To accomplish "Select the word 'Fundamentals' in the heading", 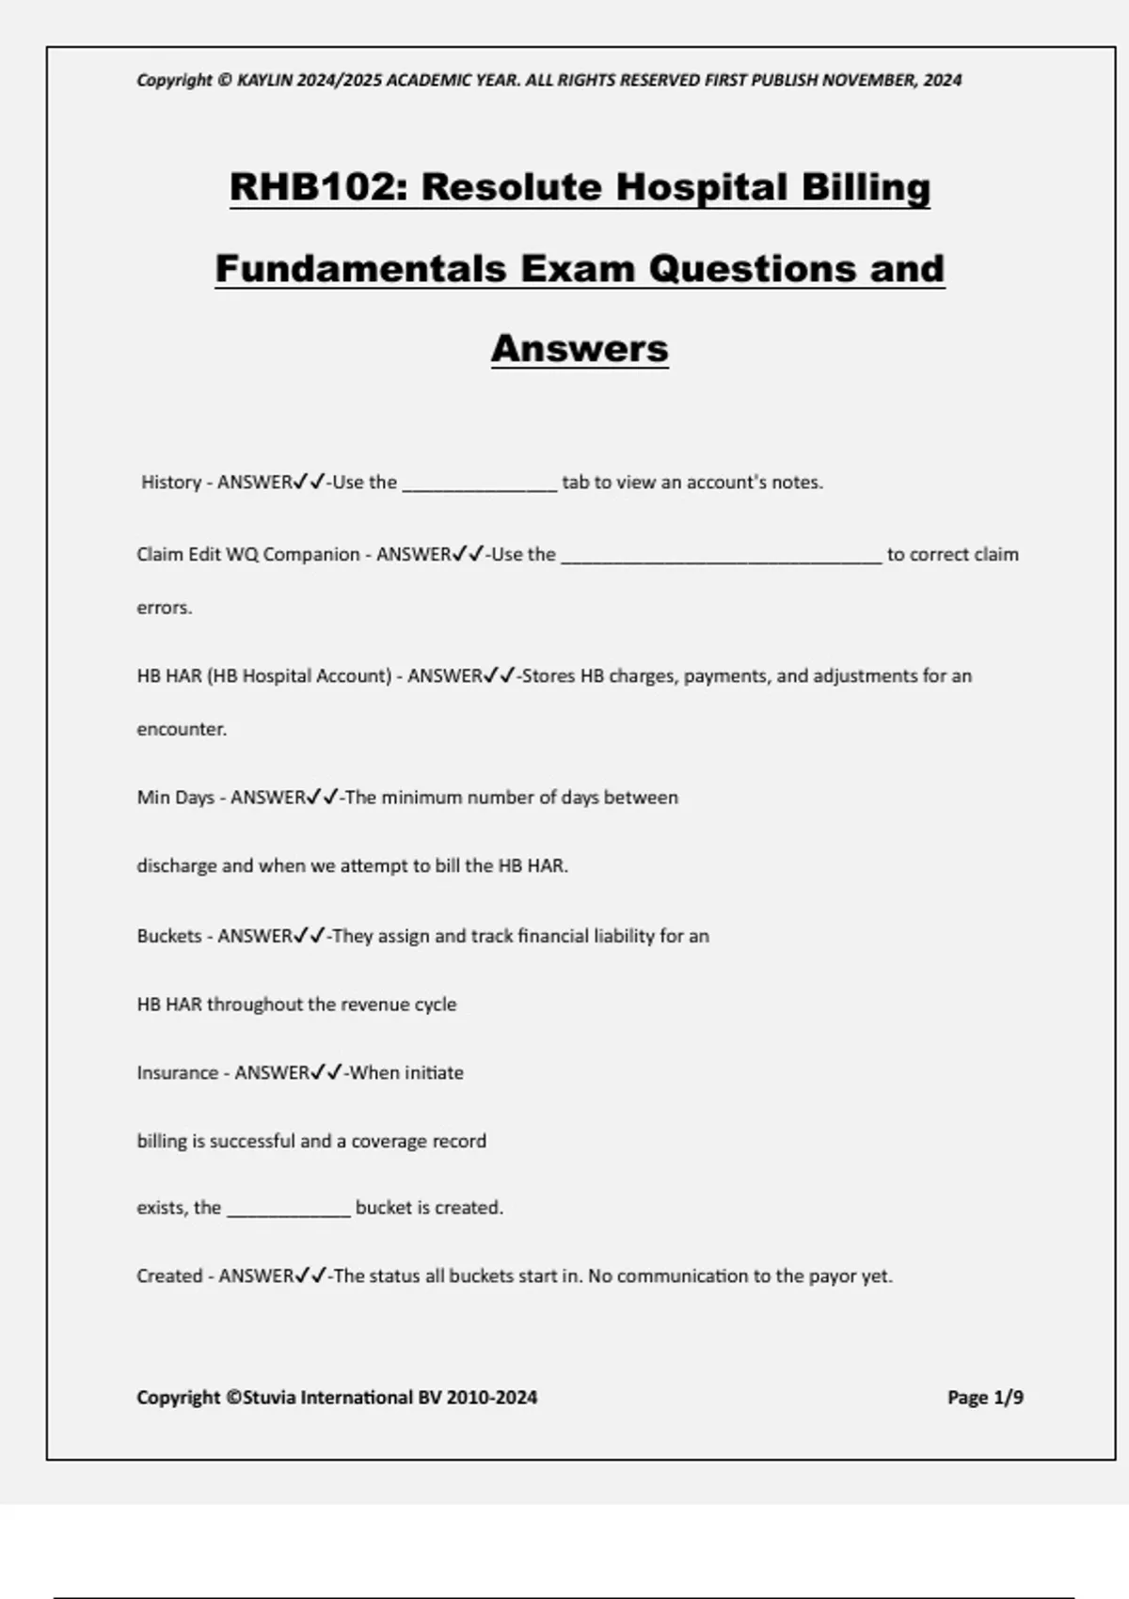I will coord(361,269).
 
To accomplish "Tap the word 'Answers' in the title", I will coord(580,349).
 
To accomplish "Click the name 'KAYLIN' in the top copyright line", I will coord(265,81).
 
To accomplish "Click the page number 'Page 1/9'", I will coord(985,1398).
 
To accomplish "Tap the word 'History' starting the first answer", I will coord(171,483).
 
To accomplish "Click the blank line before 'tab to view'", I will coord(480,484).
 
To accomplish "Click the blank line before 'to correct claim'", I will coord(722,557).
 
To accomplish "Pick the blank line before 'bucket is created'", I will coord(289,1210).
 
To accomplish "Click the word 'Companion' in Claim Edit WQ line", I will coord(311,555).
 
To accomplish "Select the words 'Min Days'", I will coord(176,798).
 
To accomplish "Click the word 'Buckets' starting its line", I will coord(169,936).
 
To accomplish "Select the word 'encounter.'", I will coord(182,730).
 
